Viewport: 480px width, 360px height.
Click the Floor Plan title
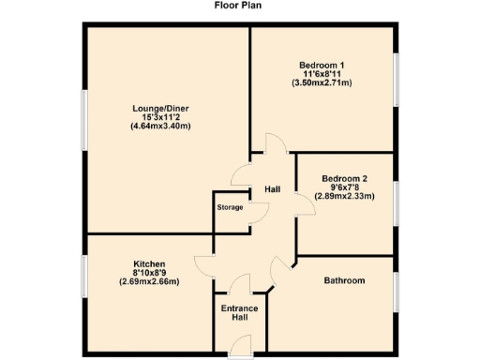click(239, 5)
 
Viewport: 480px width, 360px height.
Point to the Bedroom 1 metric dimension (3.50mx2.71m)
click(321, 82)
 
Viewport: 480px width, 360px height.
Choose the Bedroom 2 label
click(344, 178)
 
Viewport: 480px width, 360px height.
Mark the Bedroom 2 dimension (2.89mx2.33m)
click(344, 196)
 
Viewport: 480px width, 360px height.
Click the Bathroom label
click(344, 280)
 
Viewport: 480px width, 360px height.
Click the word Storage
click(230, 207)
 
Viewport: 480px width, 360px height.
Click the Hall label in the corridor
click(273, 189)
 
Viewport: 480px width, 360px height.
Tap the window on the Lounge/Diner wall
click(84, 119)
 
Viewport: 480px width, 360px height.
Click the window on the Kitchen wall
click(84, 278)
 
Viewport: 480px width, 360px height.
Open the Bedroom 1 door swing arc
click(275, 145)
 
